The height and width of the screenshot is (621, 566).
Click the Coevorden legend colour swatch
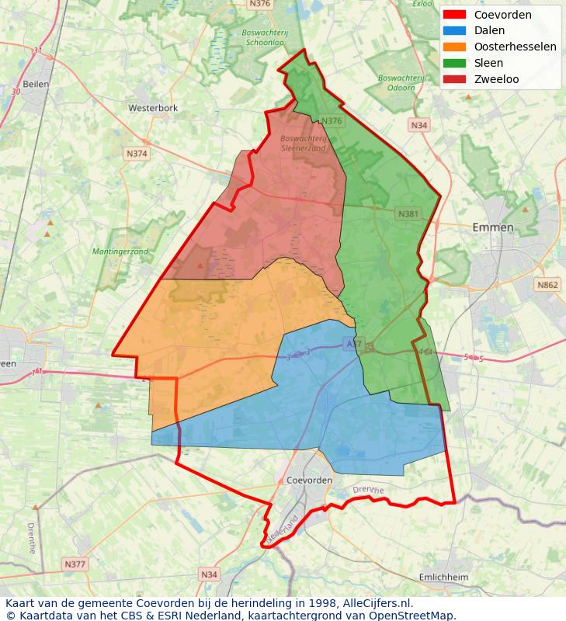[454, 15]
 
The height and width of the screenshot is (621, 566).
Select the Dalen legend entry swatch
[454, 31]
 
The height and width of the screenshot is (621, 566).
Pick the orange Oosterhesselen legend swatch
[454, 47]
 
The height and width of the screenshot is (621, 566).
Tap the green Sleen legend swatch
[454, 64]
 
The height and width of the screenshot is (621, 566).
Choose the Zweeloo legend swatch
[454, 80]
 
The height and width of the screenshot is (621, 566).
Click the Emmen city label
[493, 227]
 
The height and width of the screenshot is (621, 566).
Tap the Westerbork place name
[153, 108]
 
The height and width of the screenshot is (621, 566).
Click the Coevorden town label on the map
[309, 480]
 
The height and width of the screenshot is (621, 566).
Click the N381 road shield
[408, 213]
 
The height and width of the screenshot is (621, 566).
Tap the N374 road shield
[137, 154]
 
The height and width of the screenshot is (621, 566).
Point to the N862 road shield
[547, 285]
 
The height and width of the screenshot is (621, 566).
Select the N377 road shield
[75, 564]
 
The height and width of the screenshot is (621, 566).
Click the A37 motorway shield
[354, 342]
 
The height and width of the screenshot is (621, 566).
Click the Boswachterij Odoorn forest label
[400, 82]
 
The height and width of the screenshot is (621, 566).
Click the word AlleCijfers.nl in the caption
[376, 603]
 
